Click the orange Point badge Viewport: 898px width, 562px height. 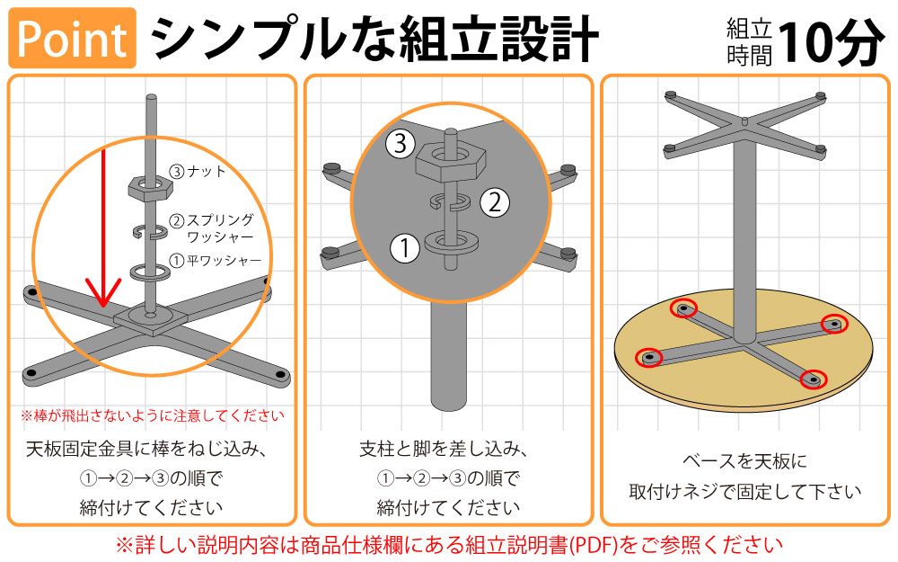tap(73, 38)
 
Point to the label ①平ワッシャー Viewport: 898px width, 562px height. tap(216, 261)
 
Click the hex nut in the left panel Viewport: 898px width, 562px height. tap(149, 187)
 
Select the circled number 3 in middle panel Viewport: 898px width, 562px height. tap(401, 142)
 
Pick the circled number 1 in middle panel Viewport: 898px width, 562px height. tap(406, 247)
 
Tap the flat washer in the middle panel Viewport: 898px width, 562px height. tap(449, 242)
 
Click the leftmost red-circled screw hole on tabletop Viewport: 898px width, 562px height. tap(647, 358)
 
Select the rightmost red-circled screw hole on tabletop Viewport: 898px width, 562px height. tap(835, 324)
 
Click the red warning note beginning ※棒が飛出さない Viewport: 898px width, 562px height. tap(152, 415)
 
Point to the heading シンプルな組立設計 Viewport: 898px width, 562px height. tap(374, 40)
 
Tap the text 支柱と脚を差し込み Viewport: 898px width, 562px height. tap(448, 448)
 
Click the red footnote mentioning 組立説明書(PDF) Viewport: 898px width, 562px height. tap(448, 545)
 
